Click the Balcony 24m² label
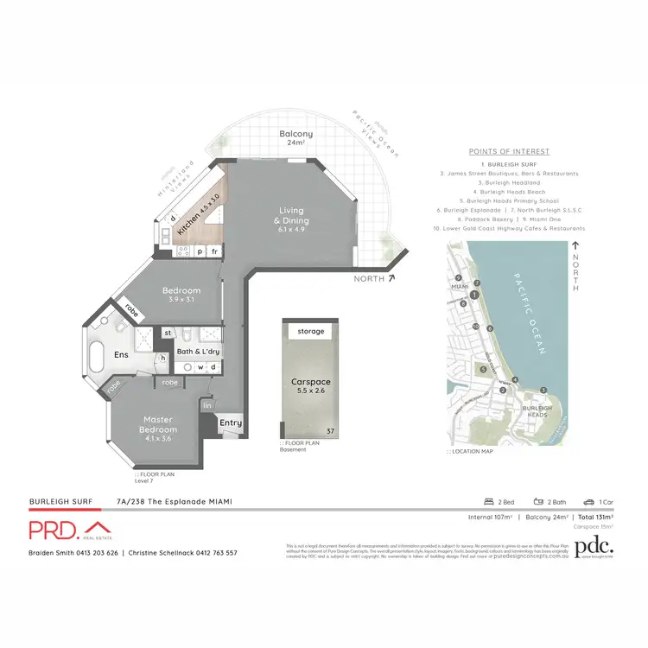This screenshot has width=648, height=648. pyautogui.click(x=296, y=139)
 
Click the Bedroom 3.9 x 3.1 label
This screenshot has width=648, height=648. pyautogui.click(x=181, y=295)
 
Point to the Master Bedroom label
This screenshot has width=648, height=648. pyautogui.click(x=158, y=425)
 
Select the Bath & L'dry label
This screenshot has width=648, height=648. pyautogui.click(x=197, y=352)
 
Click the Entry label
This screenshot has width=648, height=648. pyautogui.click(x=231, y=422)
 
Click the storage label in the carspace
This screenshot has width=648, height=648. pyautogui.click(x=310, y=331)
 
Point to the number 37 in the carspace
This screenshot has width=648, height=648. pyautogui.click(x=329, y=430)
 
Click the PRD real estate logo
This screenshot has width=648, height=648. pyautogui.click(x=69, y=530)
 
